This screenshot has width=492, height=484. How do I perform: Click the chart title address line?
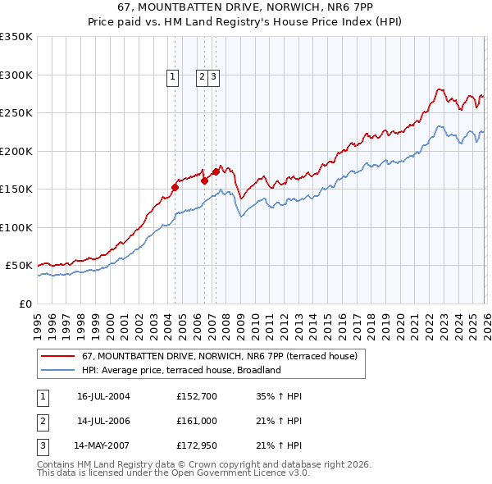click(x=245, y=7)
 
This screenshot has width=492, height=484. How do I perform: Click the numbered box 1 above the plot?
click(x=174, y=78)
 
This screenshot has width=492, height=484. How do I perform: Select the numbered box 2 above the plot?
click(x=202, y=78)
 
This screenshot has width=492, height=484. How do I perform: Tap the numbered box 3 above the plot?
click(x=213, y=78)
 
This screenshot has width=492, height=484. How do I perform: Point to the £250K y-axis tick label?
click(x=16, y=113)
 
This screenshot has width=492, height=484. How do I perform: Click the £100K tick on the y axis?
click(x=16, y=227)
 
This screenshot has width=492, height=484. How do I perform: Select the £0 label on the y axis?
click(x=26, y=304)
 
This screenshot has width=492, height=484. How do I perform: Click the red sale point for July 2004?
click(x=175, y=188)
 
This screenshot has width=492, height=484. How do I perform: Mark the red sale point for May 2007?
click(x=216, y=172)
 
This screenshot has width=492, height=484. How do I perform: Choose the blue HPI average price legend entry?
click(x=181, y=370)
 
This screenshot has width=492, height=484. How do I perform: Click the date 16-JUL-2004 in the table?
click(x=103, y=396)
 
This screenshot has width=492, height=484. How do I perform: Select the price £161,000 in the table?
click(x=195, y=421)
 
